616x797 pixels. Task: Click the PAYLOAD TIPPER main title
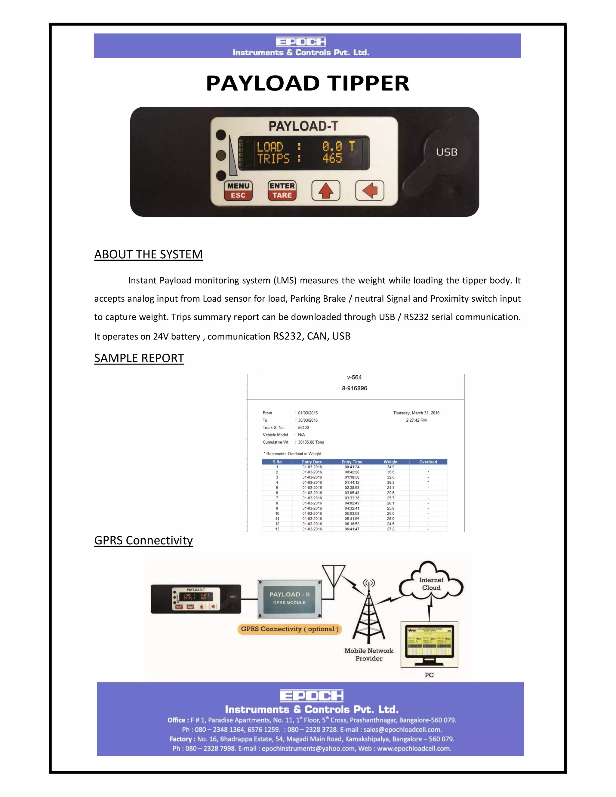pos(308,83)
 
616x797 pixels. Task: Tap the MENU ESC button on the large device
pos(238,190)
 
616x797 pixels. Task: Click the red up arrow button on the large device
pos(325,190)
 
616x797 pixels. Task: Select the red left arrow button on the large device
pos(370,190)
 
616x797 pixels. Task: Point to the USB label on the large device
pos(447,152)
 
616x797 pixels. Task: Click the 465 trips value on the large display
pos(332,158)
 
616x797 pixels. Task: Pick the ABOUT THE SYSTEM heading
pos(148,254)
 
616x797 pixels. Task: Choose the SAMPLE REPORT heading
pos(139,358)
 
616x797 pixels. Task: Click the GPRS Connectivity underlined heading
pos(143,540)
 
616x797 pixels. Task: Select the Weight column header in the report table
pos(390,462)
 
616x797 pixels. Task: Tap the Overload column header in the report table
pos(428,462)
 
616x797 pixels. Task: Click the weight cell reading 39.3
pos(390,482)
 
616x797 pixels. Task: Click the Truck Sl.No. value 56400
pos(303,427)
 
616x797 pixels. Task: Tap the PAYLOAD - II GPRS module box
pos(289,598)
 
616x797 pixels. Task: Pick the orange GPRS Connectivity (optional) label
pos(289,629)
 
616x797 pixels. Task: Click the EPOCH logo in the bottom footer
pos(311,696)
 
